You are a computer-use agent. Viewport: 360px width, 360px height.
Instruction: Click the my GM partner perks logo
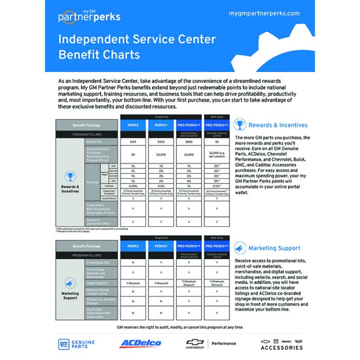point(89,15)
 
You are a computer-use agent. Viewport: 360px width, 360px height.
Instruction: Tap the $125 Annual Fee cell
point(133,141)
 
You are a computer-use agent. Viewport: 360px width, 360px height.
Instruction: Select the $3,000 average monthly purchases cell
point(161,154)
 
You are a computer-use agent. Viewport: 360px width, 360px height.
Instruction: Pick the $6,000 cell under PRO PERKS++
point(189,154)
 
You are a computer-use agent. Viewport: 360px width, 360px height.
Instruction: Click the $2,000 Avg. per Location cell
point(217,154)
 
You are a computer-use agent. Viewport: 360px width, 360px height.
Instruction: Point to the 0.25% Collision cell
point(133,186)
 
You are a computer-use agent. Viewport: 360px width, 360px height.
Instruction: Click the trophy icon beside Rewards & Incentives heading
point(240,125)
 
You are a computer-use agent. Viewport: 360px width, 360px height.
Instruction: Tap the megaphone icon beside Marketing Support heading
point(240,248)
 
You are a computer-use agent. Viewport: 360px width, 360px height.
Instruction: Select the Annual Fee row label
point(94,141)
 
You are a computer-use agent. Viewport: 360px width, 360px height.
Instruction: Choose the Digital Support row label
point(97,282)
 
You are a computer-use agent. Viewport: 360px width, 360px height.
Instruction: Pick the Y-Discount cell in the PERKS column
point(133,282)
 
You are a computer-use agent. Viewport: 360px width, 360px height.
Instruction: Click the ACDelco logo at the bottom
point(140,343)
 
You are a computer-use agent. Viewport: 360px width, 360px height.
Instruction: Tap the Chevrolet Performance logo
point(211,343)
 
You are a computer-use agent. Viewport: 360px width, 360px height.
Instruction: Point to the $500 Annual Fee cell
point(161,141)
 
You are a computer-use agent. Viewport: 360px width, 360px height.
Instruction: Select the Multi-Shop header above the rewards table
point(217,117)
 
